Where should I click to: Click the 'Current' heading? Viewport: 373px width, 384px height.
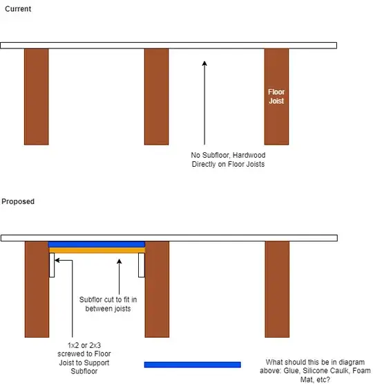pyautogui.click(x=18, y=9)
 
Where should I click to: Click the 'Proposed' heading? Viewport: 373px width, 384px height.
pyautogui.click(x=18, y=201)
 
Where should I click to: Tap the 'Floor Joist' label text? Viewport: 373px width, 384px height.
pyautogui.click(x=276, y=96)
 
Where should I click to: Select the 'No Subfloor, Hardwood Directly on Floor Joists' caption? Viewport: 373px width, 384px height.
pyautogui.click(x=228, y=160)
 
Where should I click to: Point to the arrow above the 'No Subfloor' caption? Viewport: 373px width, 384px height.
pyautogui.click(x=204, y=103)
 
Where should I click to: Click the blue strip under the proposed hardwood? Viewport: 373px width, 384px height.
pyautogui.click(x=97, y=244)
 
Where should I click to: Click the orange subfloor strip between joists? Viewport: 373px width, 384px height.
pyautogui.click(x=97, y=250)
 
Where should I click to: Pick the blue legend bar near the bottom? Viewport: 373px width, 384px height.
pyautogui.click(x=193, y=365)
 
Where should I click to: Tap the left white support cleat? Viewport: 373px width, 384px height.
pyautogui.click(x=52, y=265)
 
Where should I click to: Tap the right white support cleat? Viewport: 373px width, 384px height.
pyautogui.click(x=142, y=265)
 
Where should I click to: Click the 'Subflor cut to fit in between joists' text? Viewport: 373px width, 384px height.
pyautogui.click(x=108, y=304)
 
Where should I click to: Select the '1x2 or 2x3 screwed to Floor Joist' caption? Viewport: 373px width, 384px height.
pyautogui.click(x=84, y=358)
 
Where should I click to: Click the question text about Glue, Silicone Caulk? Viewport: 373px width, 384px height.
pyautogui.click(x=315, y=371)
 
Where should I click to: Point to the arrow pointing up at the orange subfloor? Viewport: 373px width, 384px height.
pyautogui.click(x=119, y=277)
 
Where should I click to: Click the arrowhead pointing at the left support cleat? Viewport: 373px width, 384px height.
pyautogui.click(x=57, y=260)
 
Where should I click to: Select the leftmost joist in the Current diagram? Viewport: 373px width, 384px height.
pyautogui.click(x=37, y=97)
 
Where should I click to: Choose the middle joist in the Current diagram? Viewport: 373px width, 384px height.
pyautogui.click(x=156, y=97)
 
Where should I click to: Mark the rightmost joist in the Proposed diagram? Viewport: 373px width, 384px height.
pyautogui.click(x=277, y=289)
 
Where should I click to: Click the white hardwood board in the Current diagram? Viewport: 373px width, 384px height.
pyautogui.click(x=169, y=46)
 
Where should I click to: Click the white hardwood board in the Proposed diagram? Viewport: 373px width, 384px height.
pyautogui.click(x=169, y=238)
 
